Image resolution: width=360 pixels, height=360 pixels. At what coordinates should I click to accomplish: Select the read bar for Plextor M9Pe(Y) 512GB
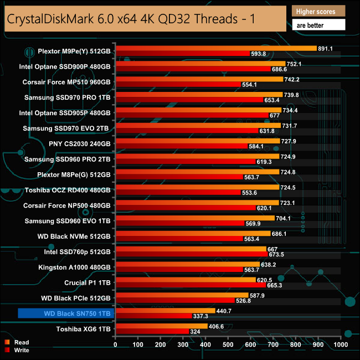tap(215, 49)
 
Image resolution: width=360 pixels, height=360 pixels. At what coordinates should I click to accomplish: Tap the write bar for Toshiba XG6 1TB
tap(152, 332)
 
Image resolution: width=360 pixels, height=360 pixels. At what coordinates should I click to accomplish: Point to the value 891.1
tap(325, 49)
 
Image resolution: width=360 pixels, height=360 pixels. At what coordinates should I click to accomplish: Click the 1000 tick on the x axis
tap(340, 345)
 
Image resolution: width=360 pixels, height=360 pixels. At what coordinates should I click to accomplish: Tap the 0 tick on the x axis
tap(115, 345)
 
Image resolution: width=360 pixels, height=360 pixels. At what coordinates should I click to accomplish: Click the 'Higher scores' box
tap(318, 12)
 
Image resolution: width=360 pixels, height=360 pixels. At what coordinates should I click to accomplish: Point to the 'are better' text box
tap(318, 25)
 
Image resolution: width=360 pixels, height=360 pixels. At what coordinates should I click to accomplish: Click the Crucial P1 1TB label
tap(88, 282)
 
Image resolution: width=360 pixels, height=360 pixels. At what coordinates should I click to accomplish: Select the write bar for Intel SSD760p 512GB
tap(191, 255)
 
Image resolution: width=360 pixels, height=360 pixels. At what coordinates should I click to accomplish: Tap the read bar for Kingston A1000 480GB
tap(187, 265)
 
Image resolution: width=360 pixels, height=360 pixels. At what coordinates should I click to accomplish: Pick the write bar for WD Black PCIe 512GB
tap(174, 301)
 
